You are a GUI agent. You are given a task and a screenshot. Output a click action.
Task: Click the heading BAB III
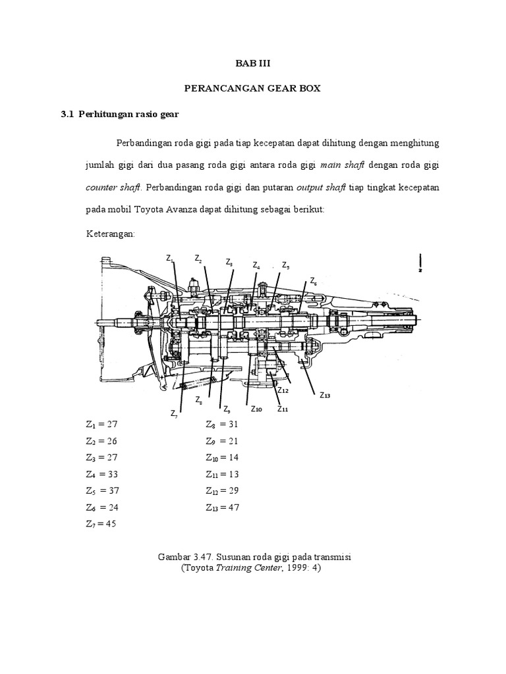(x=252, y=64)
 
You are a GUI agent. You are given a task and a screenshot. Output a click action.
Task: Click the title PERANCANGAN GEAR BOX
(x=252, y=88)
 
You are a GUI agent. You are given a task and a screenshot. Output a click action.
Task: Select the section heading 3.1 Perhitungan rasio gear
(x=120, y=114)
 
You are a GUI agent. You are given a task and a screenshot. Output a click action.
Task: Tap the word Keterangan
(x=110, y=234)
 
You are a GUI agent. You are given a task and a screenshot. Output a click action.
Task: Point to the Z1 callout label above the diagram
(x=170, y=259)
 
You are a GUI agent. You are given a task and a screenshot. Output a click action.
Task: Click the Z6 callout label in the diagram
(x=314, y=282)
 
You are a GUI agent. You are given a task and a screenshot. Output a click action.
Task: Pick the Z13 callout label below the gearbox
(x=325, y=395)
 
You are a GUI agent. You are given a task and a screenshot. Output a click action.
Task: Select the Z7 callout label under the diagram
(x=174, y=414)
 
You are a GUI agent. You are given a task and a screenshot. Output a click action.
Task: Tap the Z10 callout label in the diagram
(x=256, y=409)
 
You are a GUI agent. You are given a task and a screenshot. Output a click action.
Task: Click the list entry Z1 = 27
(x=101, y=424)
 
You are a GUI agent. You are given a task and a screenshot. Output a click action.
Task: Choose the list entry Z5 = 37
(x=101, y=490)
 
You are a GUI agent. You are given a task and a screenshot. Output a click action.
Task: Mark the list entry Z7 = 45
(x=101, y=524)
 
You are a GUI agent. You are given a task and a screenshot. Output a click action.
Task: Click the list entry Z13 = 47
(x=223, y=507)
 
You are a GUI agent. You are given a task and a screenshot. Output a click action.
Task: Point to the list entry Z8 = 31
(x=222, y=424)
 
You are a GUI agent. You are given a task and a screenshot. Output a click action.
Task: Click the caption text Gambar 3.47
(x=185, y=557)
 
